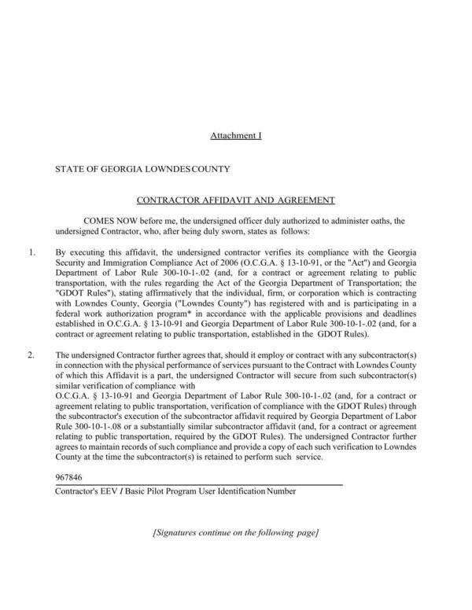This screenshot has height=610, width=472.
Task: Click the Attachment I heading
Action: pyautogui.click(x=235, y=136)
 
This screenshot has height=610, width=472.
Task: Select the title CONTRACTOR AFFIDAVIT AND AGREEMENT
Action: pyautogui.click(x=236, y=200)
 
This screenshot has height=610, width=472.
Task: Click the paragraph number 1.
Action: pyautogui.click(x=31, y=253)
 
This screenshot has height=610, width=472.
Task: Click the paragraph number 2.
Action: pyautogui.click(x=31, y=355)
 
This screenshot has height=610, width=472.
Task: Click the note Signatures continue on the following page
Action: pyautogui.click(x=235, y=533)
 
